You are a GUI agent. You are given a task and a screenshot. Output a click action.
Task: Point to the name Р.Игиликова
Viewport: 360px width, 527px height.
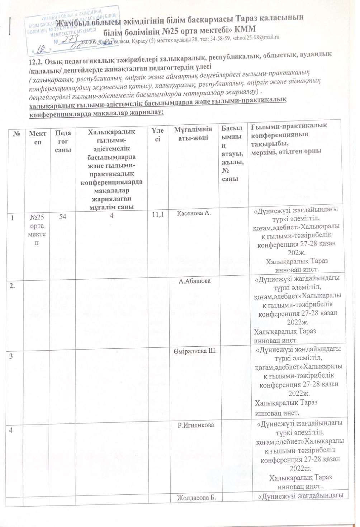[196, 425]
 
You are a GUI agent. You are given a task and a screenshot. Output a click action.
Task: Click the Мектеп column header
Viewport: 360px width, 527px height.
[38, 137]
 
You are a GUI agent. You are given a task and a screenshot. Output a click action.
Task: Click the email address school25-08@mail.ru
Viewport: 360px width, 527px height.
[255, 37]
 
